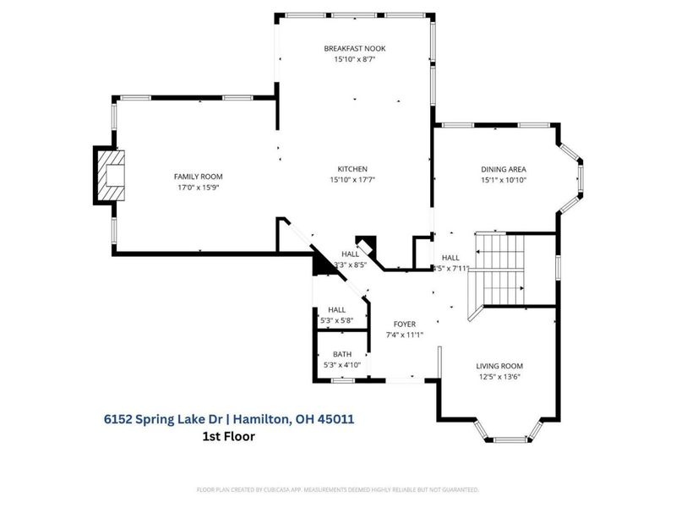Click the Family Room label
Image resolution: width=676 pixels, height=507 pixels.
(198, 176)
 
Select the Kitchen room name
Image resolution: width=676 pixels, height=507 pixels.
(352, 168)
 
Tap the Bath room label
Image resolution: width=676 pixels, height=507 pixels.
(342, 354)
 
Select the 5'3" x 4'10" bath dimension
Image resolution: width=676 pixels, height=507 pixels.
(342, 365)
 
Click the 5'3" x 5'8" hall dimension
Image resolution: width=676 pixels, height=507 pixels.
(337, 321)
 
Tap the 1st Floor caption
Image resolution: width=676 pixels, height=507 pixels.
(228, 436)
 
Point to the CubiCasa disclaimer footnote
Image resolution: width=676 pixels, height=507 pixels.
(338, 489)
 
